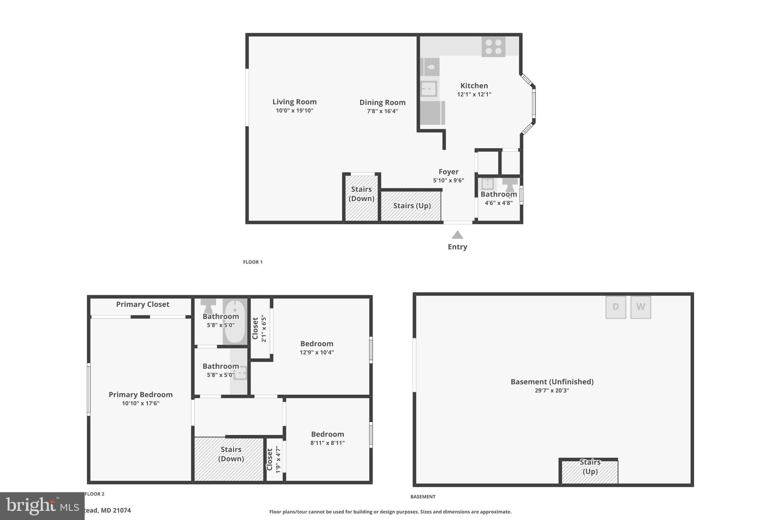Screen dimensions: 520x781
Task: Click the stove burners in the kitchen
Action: [493, 46]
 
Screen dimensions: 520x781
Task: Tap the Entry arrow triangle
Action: [457, 235]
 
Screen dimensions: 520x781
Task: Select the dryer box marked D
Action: [615, 307]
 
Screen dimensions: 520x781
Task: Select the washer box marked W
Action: [640, 307]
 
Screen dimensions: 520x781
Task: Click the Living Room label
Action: [294, 102]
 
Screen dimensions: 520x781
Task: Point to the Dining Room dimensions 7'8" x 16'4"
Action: [382, 111]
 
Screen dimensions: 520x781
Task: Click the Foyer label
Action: [448, 172]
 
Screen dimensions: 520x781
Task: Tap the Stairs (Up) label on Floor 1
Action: [412, 206]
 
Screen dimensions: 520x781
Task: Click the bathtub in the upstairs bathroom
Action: [235, 321]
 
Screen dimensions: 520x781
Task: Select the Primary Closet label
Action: [143, 304]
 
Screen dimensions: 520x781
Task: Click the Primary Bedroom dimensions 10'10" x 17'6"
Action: [140, 403]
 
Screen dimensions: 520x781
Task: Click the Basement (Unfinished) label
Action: [552, 382]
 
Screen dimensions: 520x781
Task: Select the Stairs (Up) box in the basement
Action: [590, 471]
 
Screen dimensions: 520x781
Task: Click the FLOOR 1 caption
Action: [253, 262]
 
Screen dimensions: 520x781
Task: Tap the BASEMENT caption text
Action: [423, 497]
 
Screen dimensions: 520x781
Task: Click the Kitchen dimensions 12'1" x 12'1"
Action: [474, 94]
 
